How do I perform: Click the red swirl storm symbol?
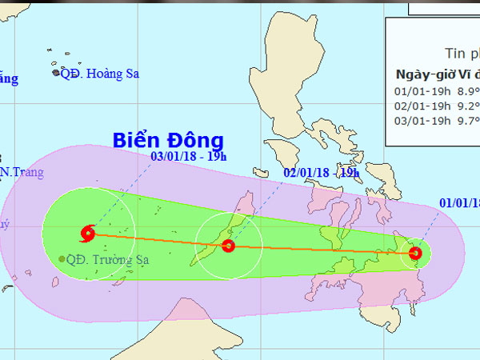coord(87,234)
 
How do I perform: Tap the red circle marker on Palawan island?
coord(228,246)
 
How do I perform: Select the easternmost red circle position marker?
coord(415,254)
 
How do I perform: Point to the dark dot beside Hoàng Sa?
coord(56,73)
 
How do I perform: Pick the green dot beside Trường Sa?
coord(62,258)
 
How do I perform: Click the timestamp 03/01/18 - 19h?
coord(186,155)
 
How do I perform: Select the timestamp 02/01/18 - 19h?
coord(321,173)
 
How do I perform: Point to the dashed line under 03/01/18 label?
coord(120,192)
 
